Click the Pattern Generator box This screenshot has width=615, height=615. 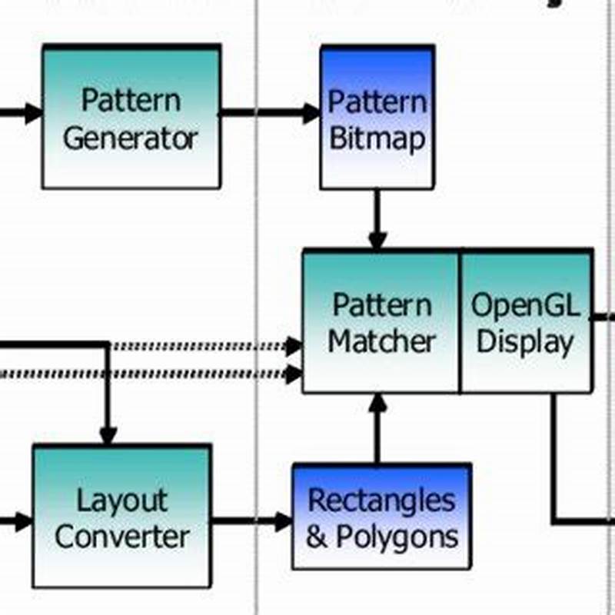[x=131, y=117]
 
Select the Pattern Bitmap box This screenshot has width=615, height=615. [x=377, y=117]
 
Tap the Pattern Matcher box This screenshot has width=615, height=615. [x=381, y=321]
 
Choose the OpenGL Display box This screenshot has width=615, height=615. [x=527, y=321]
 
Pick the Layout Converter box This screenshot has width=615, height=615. [x=121, y=517]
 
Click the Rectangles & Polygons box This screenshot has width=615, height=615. [x=381, y=517]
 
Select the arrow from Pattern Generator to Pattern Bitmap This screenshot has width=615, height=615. [x=269, y=113]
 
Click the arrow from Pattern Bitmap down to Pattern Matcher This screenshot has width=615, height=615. [x=377, y=219]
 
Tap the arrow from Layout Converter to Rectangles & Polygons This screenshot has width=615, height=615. [x=251, y=521]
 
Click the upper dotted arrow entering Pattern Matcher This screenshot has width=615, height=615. [x=200, y=347]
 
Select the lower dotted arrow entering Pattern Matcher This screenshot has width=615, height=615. [x=200, y=374]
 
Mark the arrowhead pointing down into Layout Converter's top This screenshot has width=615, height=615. [x=108, y=436]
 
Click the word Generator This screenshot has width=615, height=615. [x=131, y=138]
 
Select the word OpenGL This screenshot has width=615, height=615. [x=526, y=305]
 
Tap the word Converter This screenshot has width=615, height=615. [x=121, y=537]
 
